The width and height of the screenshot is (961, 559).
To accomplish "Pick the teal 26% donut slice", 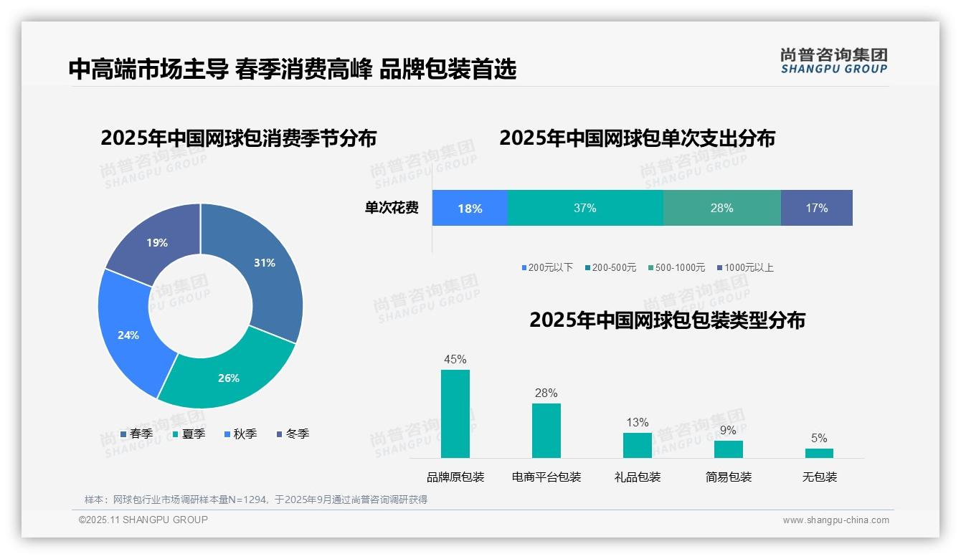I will (228, 376).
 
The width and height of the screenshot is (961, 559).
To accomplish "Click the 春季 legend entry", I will (136, 434).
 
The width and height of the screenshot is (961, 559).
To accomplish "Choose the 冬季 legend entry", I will (293, 434).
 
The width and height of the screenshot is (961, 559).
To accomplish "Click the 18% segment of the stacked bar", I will (470, 209).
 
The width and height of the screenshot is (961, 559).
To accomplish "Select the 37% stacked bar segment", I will (585, 209).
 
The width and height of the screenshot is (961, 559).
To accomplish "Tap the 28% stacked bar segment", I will (721, 209).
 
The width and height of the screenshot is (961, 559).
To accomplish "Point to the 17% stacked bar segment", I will (816, 209).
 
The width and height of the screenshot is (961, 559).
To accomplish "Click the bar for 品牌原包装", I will (455, 414).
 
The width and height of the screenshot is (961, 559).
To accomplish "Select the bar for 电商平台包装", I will (546, 430).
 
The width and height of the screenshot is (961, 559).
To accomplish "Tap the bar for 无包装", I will (819, 453).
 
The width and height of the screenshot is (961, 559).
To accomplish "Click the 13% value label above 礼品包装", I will (637, 422).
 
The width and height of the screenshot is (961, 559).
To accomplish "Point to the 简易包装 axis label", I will (729, 477).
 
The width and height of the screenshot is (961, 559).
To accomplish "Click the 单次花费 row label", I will (392, 209).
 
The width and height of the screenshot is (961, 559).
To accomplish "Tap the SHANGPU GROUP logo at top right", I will (833, 60).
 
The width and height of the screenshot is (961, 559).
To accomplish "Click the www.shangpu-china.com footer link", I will (835, 520).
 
